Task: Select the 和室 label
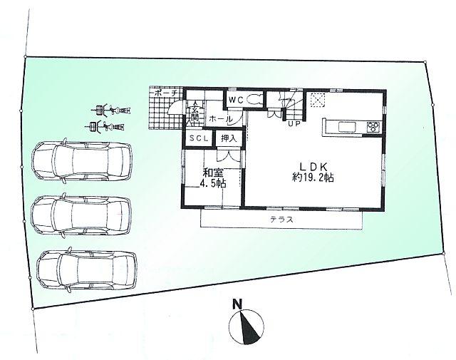[212, 172]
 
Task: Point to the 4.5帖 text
[213, 182]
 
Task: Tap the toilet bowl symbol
[256, 100]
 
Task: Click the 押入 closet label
[229, 140]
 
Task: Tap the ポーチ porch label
[166, 93]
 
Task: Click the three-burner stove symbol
[373, 127]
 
